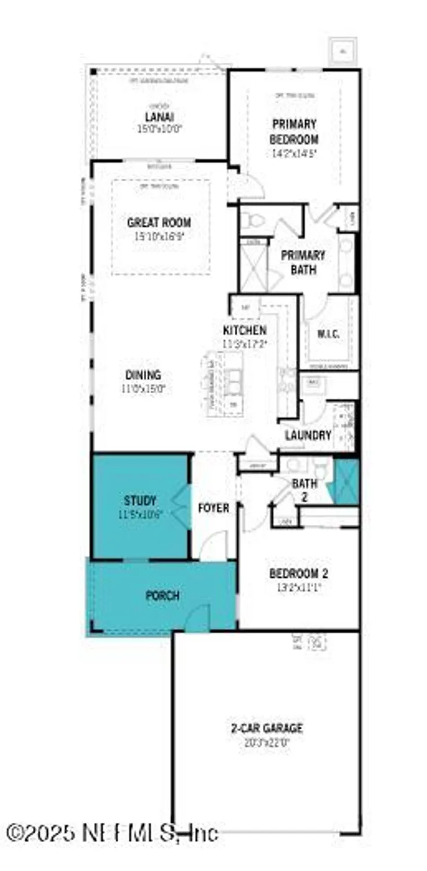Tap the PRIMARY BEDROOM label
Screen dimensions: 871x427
click(295, 131)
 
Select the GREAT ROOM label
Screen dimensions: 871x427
click(159, 222)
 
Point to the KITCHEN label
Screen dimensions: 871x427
click(245, 330)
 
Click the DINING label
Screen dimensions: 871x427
click(143, 375)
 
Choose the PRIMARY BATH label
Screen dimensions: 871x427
click(303, 261)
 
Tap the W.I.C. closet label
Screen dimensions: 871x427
click(328, 335)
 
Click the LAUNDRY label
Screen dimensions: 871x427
click(308, 435)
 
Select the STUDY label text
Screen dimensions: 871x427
click(140, 501)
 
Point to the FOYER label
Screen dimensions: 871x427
click(213, 508)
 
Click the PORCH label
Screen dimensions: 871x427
click(162, 596)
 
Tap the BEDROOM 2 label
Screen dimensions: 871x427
click(299, 574)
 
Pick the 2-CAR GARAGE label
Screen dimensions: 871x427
click(265, 729)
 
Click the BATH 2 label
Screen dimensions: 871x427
click(304, 490)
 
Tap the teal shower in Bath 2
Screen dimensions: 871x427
click(347, 481)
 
